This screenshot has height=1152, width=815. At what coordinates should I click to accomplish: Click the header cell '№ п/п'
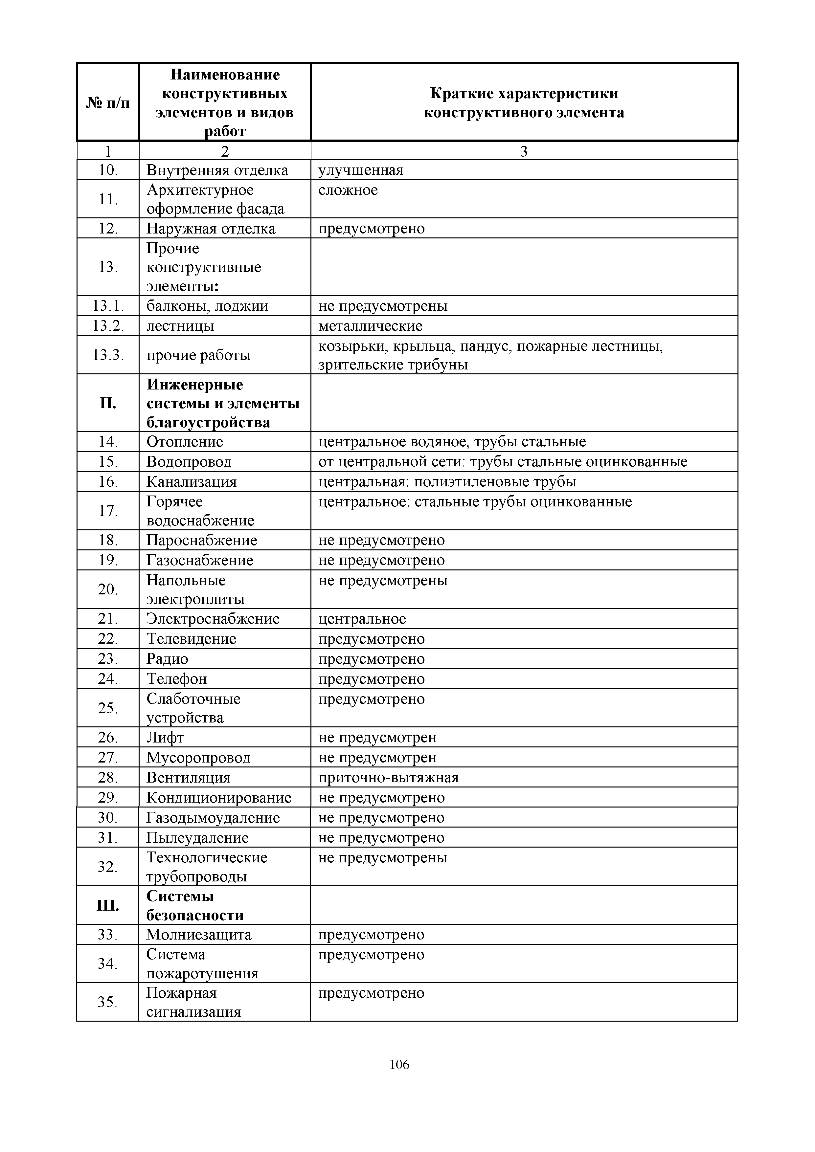(x=108, y=103)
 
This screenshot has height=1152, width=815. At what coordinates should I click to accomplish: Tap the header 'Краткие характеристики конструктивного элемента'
(x=524, y=103)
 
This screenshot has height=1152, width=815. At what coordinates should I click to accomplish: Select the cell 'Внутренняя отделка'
(x=217, y=170)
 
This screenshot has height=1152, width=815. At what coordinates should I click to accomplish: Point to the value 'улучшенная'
(x=361, y=170)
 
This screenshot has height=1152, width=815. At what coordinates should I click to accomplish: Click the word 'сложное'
(x=348, y=190)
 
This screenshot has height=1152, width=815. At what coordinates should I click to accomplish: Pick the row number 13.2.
(x=108, y=326)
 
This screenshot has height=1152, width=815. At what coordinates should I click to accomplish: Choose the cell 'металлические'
(x=370, y=326)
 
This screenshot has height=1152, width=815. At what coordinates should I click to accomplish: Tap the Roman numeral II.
(x=108, y=403)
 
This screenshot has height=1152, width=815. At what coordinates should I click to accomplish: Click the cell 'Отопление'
(x=185, y=442)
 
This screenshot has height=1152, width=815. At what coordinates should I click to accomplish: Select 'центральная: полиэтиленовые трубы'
(x=447, y=482)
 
